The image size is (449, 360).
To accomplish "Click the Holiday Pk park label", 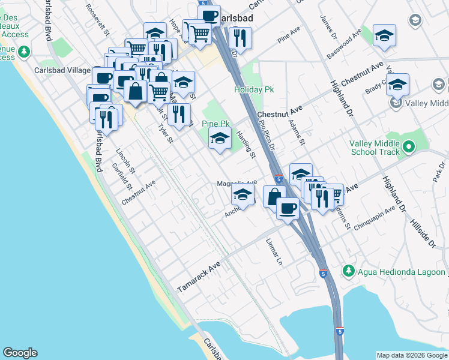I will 249,89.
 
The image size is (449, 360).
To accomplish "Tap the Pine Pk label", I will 216,124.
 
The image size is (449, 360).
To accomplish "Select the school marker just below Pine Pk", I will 220,139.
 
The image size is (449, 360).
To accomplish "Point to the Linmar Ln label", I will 274,251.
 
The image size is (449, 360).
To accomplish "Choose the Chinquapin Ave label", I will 373,217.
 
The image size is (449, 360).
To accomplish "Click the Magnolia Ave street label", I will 237,183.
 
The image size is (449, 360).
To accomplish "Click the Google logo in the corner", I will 20,353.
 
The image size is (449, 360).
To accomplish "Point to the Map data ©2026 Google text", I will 411,355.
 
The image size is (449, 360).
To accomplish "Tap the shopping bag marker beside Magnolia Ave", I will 274,196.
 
